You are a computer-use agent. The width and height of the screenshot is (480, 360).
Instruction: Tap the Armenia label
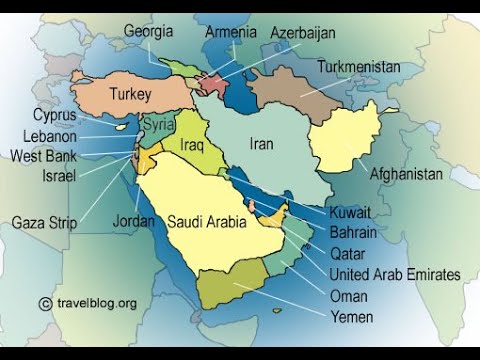click(231, 31)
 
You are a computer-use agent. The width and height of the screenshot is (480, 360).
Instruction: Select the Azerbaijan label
click(304, 33)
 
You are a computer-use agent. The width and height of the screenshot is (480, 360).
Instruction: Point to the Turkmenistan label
click(359, 67)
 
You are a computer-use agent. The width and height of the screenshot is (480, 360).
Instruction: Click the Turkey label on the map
click(130, 95)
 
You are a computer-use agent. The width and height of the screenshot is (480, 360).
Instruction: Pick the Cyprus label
click(54, 115)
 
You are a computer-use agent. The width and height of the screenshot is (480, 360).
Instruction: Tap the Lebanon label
click(49, 135)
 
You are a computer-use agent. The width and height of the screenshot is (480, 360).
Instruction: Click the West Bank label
click(43, 155)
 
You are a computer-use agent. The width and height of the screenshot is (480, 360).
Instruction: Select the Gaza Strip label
click(44, 222)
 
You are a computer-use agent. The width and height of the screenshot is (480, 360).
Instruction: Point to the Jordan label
click(134, 221)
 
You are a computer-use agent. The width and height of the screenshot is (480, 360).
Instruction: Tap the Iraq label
click(193, 145)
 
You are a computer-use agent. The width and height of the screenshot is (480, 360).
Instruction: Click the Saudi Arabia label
click(206, 221)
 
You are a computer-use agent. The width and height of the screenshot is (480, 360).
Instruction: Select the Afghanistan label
click(406, 173)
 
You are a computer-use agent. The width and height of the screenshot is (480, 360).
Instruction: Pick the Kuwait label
click(350, 213)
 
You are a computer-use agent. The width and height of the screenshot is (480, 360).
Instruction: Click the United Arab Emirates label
click(395, 274)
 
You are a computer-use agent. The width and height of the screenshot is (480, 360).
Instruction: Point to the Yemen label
click(352, 317)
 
